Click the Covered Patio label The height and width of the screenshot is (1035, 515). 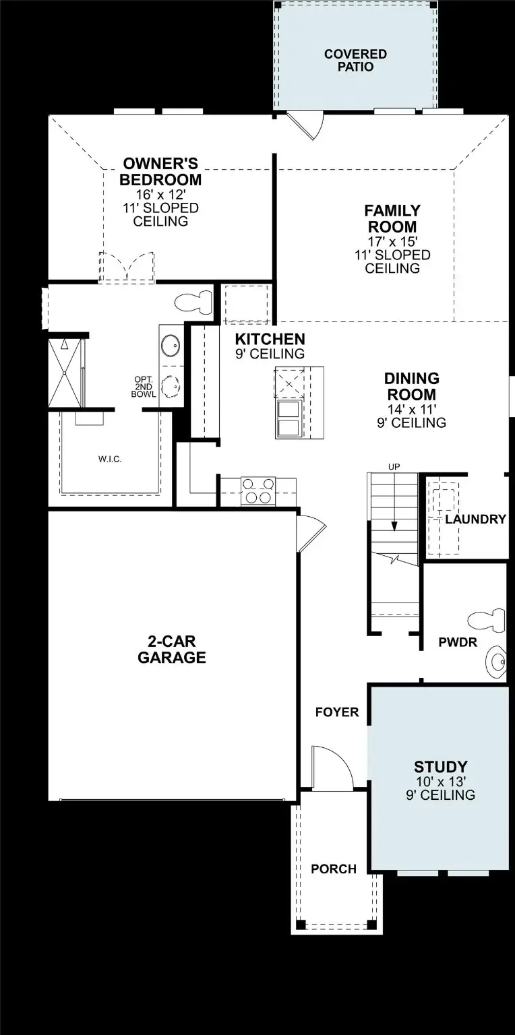(x=355, y=60)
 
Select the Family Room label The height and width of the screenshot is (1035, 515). (x=392, y=218)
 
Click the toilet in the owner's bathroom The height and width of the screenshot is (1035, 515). (x=193, y=303)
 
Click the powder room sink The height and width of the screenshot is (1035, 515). (x=498, y=660)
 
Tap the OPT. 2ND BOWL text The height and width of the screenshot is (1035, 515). (x=143, y=386)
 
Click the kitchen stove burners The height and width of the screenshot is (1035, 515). (x=258, y=490)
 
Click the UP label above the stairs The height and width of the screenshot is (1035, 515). (x=394, y=466)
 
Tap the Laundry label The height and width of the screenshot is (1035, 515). (x=475, y=519)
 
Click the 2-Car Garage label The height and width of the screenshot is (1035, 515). (x=172, y=650)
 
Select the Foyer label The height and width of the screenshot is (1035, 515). (x=337, y=712)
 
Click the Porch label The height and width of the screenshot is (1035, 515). (x=334, y=869)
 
